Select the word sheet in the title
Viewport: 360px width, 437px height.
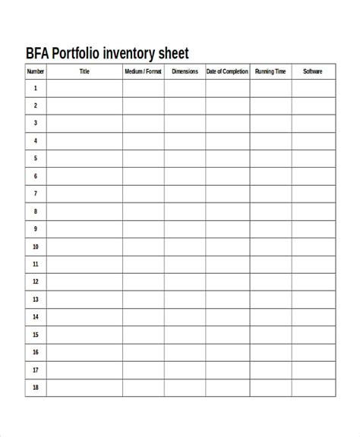click(x=173, y=54)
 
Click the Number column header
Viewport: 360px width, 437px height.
click(x=36, y=72)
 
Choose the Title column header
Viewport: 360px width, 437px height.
click(x=84, y=72)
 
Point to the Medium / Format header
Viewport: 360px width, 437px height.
click(x=143, y=72)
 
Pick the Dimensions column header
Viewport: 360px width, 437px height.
click(x=185, y=72)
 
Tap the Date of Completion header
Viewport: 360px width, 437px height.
click(x=227, y=72)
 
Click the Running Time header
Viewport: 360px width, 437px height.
click(x=270, y=72)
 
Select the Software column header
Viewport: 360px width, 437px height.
click(x=313, y=72)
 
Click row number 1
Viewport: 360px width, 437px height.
click(x=36, y=88)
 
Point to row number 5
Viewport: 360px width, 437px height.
click(x=36, y=159)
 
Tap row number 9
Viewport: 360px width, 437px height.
click(x=36, y=229)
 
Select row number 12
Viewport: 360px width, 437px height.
click(x=36, y=282)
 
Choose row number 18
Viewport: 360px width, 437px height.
click(x=36, y=388)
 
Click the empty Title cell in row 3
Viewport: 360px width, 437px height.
click(x=84, y=123)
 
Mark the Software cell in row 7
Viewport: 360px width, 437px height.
click(x=313, y=193)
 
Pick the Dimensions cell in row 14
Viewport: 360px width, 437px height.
click(x=185, y=317)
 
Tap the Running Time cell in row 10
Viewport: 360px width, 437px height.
click(x=270, y=247)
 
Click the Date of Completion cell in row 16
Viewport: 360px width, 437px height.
click(x=227, y=353)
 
